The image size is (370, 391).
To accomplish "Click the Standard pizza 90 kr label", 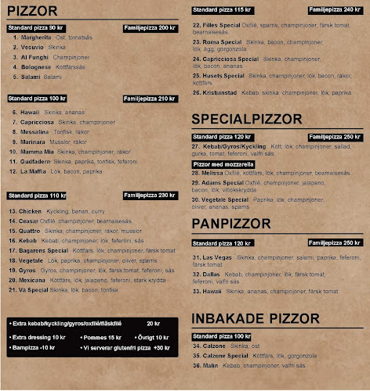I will click(x=35, y=27).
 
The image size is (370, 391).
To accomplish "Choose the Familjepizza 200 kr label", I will click(x=150, y=27).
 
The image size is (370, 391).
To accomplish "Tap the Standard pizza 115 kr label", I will click(x=221, y=9).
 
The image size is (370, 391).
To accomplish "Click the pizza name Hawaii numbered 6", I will click(x=30, y=112).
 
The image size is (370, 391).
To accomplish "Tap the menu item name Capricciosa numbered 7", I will click(x=37, y=122).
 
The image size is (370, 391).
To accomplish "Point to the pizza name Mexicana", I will click(x=33, y=279).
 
